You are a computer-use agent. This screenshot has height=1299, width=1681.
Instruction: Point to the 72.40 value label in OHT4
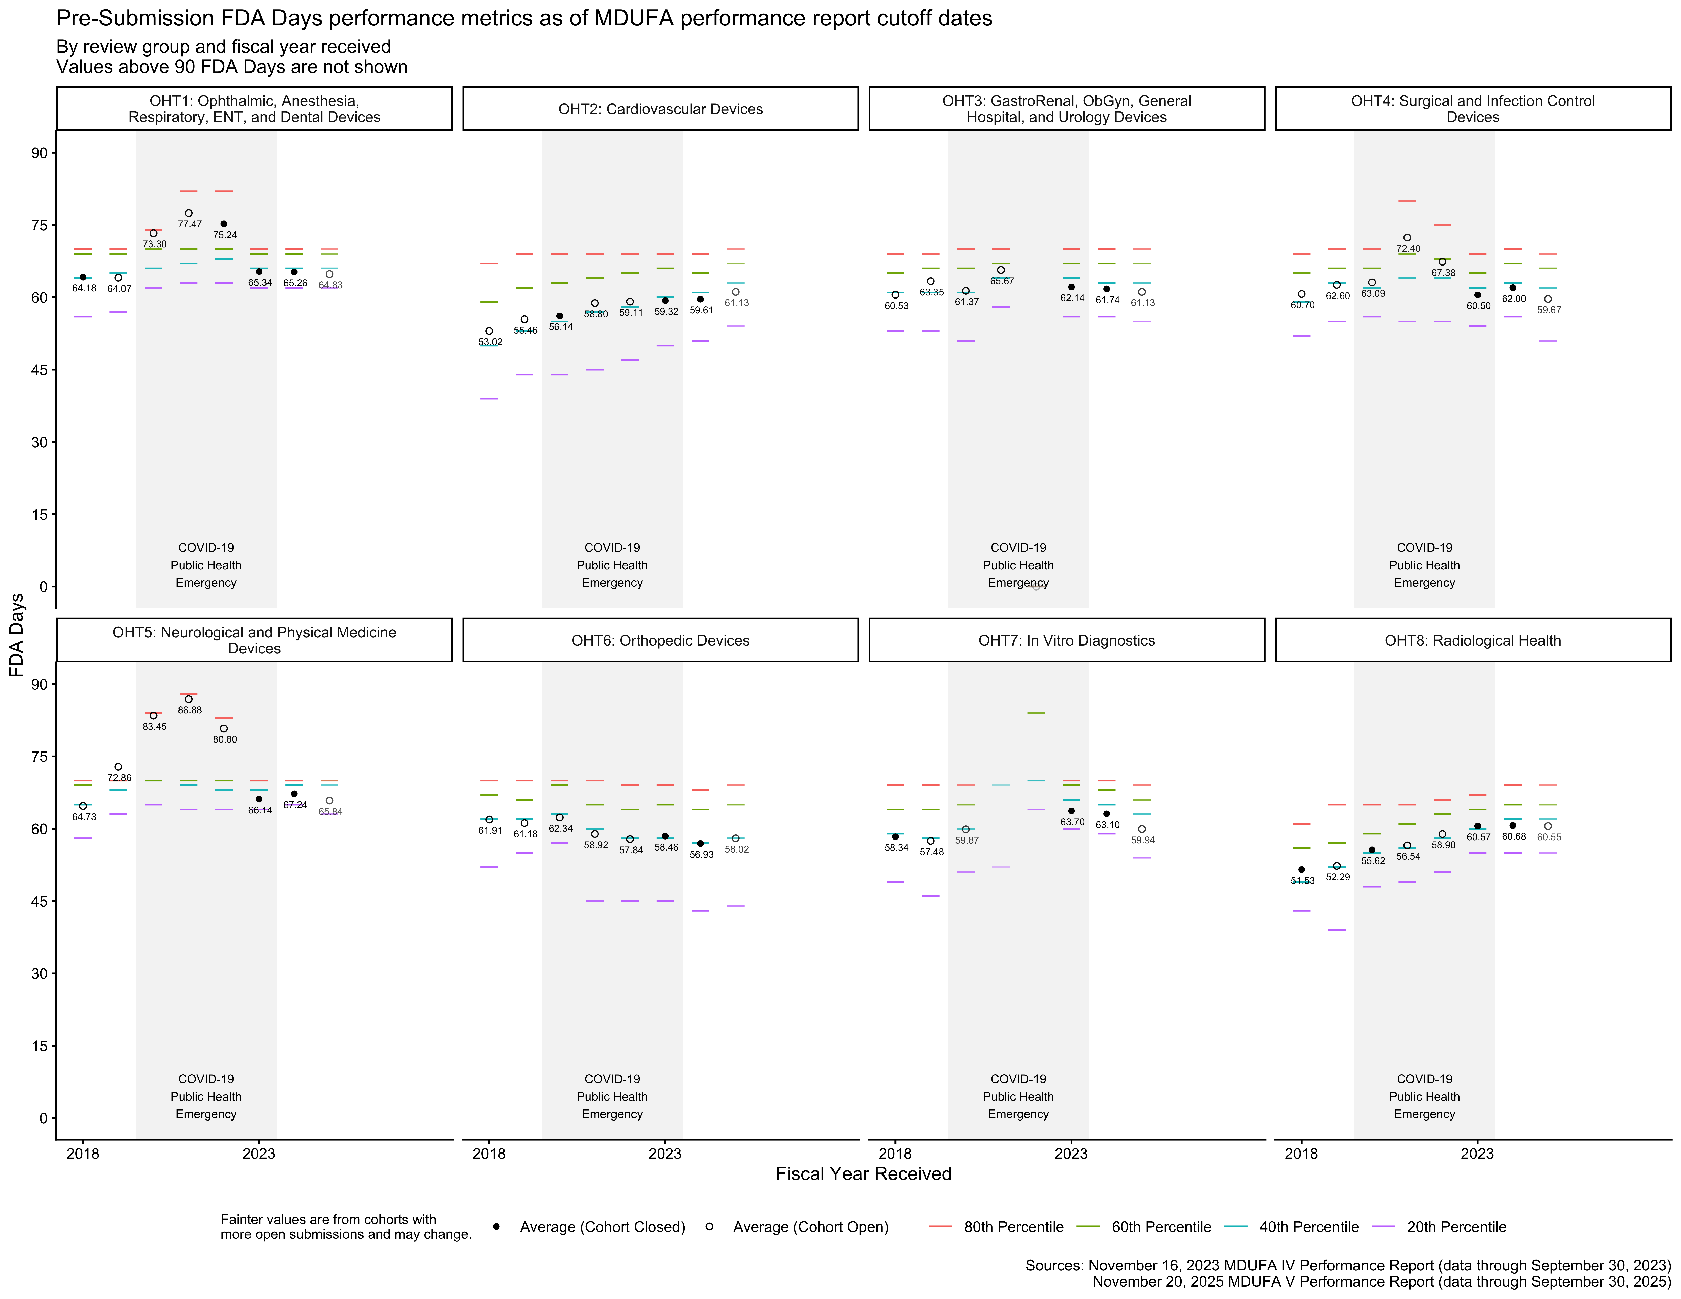1409,249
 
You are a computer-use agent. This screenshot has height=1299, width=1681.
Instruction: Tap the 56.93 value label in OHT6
701,854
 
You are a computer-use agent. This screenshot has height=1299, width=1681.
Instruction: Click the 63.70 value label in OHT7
1072,822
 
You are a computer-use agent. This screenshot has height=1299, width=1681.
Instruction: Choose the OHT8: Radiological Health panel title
1472,640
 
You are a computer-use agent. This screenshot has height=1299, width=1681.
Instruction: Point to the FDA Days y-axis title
17,635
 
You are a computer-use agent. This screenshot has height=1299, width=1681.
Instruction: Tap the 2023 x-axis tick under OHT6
665,1154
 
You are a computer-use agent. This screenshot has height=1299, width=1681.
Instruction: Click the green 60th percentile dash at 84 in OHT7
1036,713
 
